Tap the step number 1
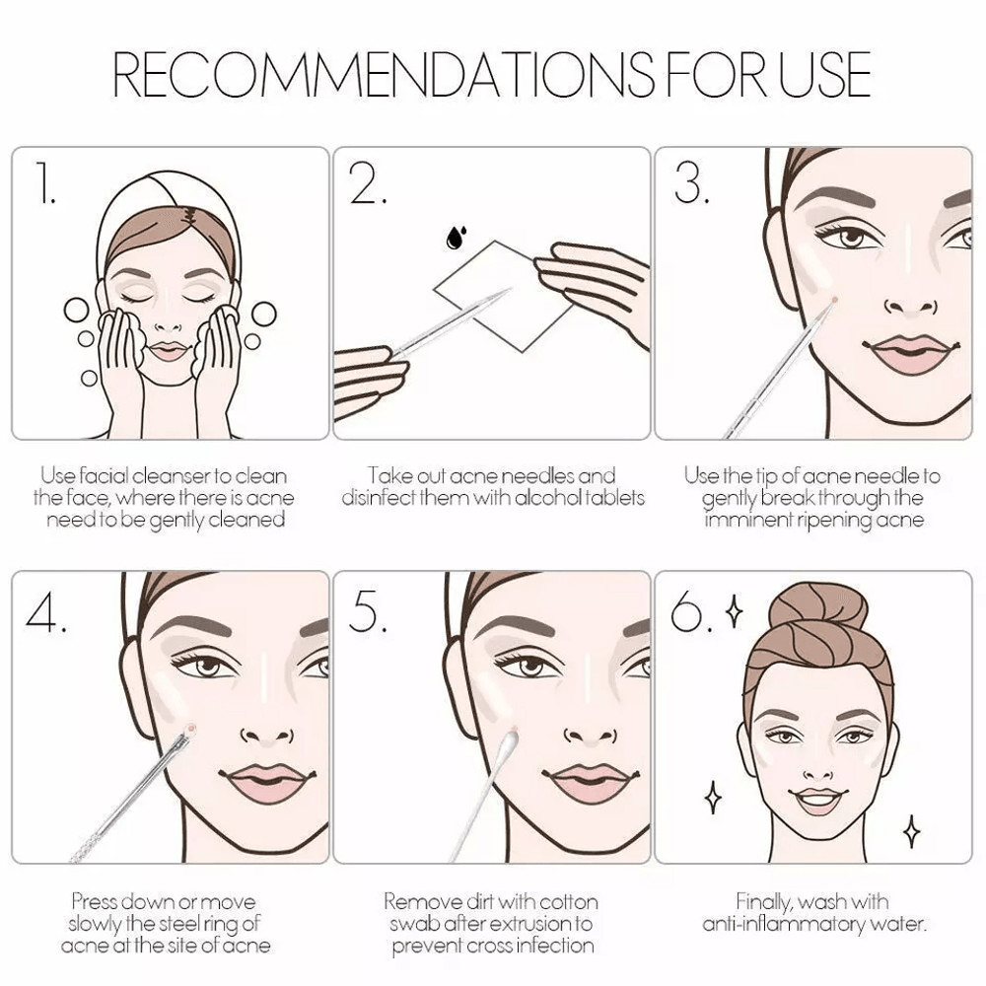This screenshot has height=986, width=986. point(44,183)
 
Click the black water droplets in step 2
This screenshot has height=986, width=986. point(456,238)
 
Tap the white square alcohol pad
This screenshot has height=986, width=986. point(503,296)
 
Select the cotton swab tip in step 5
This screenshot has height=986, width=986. point(507,744)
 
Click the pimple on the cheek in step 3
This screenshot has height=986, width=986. point(833,300)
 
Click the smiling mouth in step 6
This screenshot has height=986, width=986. point(818,801)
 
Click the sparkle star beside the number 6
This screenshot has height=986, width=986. point(734,611)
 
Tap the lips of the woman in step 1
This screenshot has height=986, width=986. point(168,350)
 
